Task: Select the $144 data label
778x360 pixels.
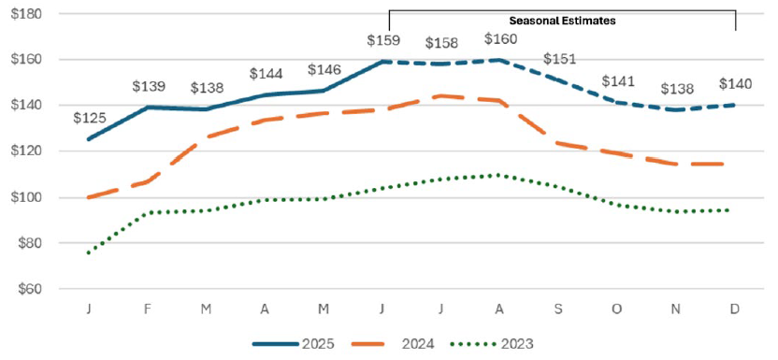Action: pyautogui.click(x=266, y=74)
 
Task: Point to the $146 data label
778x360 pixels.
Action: pyautogui.click(x=324, y=68)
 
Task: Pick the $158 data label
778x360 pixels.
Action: pyautogui.click(x=442, y=43)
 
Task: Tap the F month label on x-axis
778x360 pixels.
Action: pyautogui.click(x=147, y=308)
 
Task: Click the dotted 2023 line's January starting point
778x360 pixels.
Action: pyautogui.click(x=88, y=252)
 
